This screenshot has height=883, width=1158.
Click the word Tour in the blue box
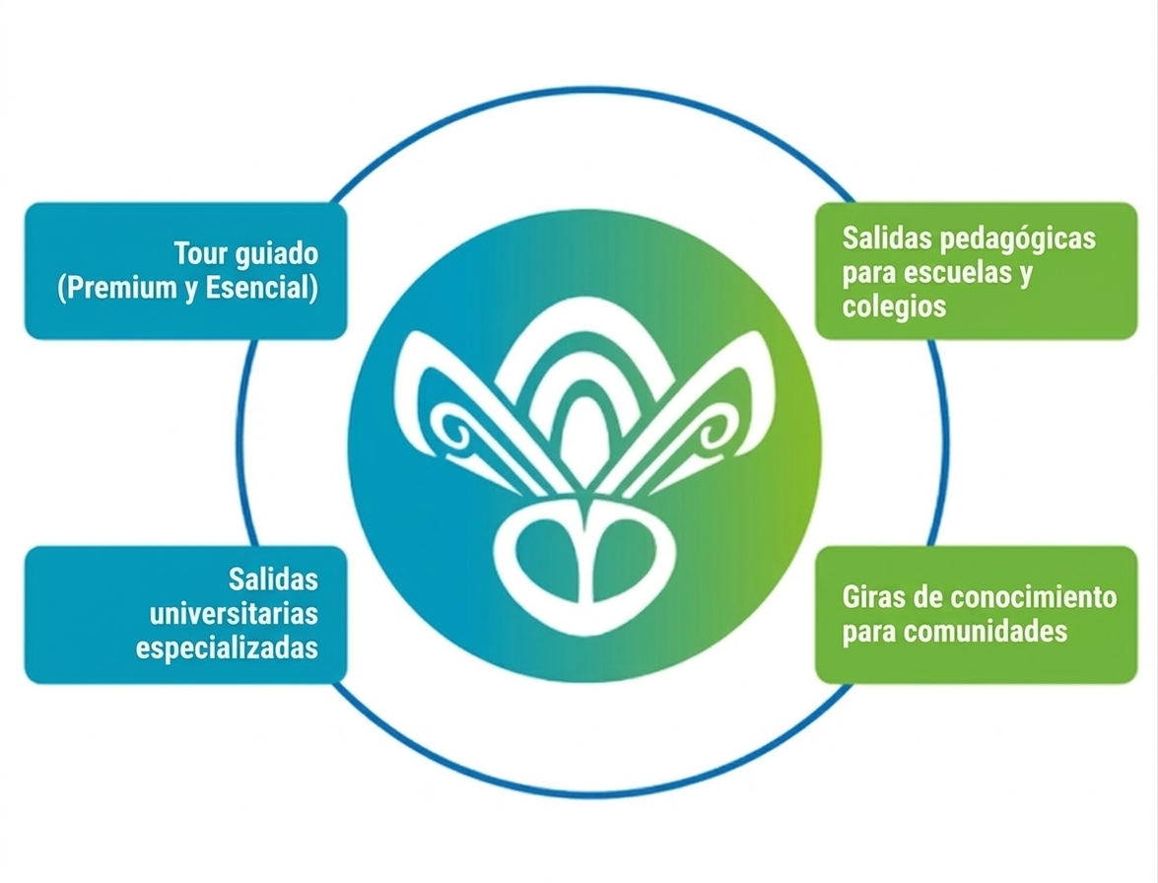(x=201, y=253)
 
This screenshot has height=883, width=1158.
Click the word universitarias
(x=235, y=613)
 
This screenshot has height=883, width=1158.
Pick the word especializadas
(x=227, y=648)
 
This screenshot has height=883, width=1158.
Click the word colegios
(x=894, y=306)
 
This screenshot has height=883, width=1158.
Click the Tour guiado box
(x=185, y=271)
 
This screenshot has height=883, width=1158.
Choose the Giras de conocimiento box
(x=976, y=613)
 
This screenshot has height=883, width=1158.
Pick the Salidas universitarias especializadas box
(x=185, y=614)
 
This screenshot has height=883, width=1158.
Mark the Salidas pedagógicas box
(x=976, y=271)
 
